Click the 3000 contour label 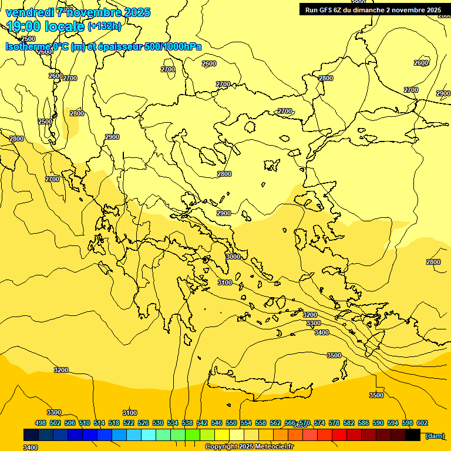233,257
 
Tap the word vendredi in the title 28,12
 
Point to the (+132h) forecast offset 105,26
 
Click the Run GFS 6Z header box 373,9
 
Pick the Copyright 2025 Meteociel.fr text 249,447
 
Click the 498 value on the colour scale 41,423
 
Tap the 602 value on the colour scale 422,423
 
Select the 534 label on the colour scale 173,423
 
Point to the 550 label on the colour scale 231,423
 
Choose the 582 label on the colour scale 349,423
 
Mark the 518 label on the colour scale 114,423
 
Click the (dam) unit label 435,436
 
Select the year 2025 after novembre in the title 137,12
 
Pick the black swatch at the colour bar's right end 413,435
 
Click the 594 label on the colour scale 393,423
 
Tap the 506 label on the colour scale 70,423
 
